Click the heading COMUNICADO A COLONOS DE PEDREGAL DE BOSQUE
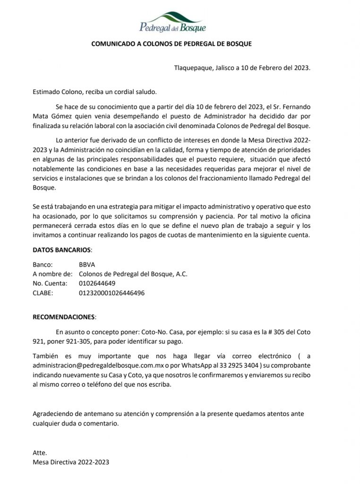coord(171,43)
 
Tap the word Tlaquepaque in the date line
coord(191,68)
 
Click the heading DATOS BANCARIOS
coord(62,250)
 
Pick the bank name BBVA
coord(87,265)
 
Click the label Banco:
coord(43,265)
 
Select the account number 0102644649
coord(97,283)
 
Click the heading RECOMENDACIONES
coord(64,316)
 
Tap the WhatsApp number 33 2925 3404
coord(238,366)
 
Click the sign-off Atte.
coord(40,452)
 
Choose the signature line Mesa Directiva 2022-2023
coord(70,462)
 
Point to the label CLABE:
coord(43,293)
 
